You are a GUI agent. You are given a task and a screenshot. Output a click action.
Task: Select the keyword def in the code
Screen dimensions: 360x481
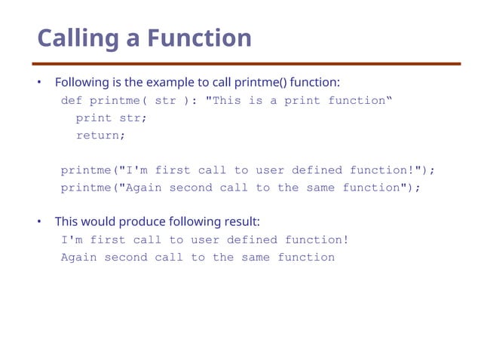pos(72,101)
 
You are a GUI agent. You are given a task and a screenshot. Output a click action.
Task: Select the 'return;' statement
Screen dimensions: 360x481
pos(100,136)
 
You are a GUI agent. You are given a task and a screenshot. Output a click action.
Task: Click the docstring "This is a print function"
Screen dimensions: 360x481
pos(299,101)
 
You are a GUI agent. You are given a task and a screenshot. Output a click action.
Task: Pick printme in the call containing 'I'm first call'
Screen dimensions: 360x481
pos(86,170)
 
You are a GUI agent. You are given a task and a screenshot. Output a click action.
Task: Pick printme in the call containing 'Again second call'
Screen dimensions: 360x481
pos(86,188)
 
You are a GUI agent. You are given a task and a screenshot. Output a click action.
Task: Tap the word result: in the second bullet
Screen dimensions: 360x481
pos(242,221)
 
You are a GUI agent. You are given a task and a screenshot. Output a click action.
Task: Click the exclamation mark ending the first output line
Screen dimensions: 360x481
pos(345,240)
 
